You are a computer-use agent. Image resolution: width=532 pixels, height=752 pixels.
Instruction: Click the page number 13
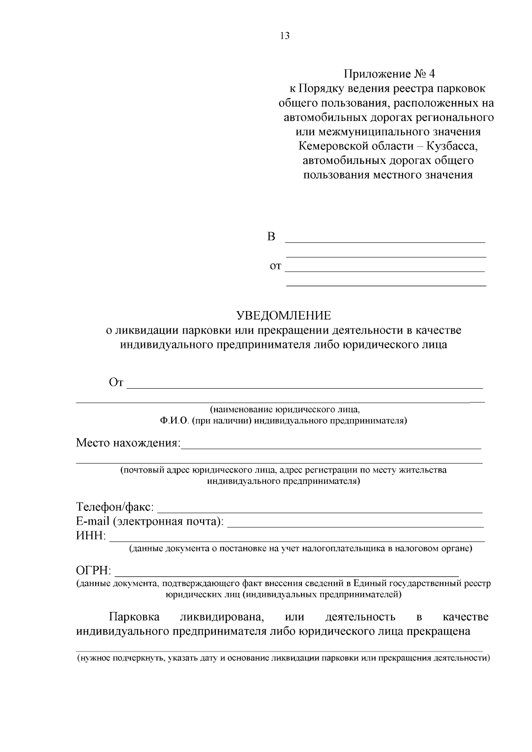[x=285, y=36]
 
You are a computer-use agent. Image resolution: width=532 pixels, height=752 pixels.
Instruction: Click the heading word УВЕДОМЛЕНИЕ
[x=284, y=316]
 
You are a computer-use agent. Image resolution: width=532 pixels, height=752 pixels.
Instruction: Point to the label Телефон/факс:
[x=115, y=507]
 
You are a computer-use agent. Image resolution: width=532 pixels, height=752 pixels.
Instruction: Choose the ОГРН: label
[x=94, y=570]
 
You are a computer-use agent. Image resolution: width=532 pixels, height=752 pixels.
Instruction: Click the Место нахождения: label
[x=129, y=443]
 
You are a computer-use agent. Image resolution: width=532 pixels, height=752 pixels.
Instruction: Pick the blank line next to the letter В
[x=385, y=242]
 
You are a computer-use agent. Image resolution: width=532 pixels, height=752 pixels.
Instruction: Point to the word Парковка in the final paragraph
[x=134, y=617]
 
